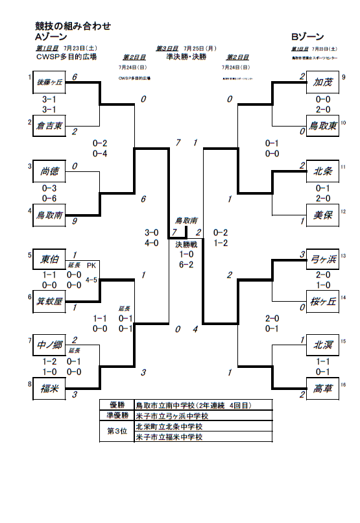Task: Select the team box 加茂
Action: click(322, 82)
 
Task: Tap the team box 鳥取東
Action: click(322, 125)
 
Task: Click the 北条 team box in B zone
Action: click(322, 171)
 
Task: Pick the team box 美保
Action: click(322, 215)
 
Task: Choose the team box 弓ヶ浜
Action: click(322, 258)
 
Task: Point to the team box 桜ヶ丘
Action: click(322, 300)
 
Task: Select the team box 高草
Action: click(322, 389)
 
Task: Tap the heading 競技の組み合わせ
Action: click(73, 26)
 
